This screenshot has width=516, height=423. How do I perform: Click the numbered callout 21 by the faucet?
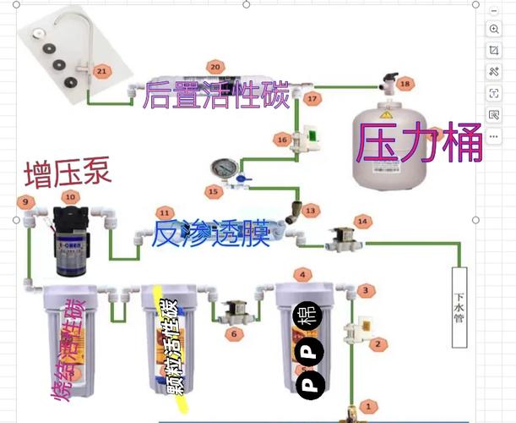click(x=102, y=72)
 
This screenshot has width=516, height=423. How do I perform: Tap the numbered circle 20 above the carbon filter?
click(x=215, y=66)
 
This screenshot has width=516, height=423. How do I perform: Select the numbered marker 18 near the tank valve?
click(x=405, y=84)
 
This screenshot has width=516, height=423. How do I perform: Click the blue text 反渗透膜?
click(x=209, y=233)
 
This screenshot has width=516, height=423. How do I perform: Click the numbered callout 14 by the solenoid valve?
click(x=363, y=221)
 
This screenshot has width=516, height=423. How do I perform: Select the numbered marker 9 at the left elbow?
click(x=25, y=201)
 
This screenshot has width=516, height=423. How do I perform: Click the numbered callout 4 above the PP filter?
click(x=300, y=274)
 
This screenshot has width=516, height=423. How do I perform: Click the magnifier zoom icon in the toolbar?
click(x=494, y=29)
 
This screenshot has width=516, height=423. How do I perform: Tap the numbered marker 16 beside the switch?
click(x=282, y=139)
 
